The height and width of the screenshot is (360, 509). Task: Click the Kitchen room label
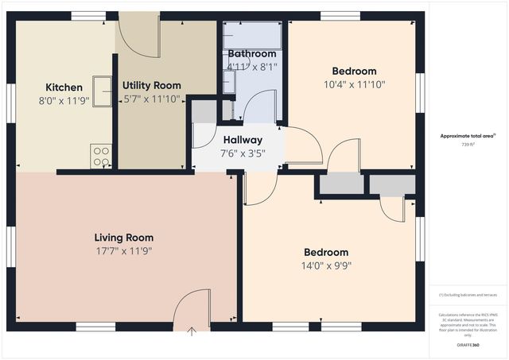click(x=64, y=87)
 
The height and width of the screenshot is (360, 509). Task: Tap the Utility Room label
click(x=151, y=85)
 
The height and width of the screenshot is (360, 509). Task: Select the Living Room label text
click(x=123, y=238)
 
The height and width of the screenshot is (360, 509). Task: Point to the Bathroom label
click(x=251, y=54)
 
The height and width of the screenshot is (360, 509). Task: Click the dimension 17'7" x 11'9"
click(x=123, y=251)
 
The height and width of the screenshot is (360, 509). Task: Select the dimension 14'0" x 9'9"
click(x=325, y=266)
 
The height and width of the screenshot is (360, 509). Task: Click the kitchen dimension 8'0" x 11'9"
click(x=64, y=101)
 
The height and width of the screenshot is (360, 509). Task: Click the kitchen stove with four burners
click(x=101, y=156)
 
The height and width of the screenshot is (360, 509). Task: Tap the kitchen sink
click(x=103, y=91)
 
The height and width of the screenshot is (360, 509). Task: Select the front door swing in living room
click(x=192, y=306)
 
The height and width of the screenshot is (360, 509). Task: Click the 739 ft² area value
click(x=469, y=145)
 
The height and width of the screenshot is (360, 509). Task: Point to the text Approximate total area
click(x=468, y=136)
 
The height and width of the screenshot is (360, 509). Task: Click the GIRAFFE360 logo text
click(x=469, y=346)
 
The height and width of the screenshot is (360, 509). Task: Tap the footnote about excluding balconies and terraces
click(x=468, y=295)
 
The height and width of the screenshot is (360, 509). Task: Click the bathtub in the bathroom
click(x=252, y=35)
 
